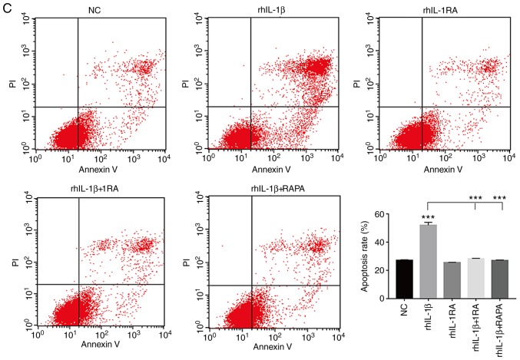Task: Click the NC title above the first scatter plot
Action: pos(91,10)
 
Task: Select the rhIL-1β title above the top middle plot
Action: pos(267,10)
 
